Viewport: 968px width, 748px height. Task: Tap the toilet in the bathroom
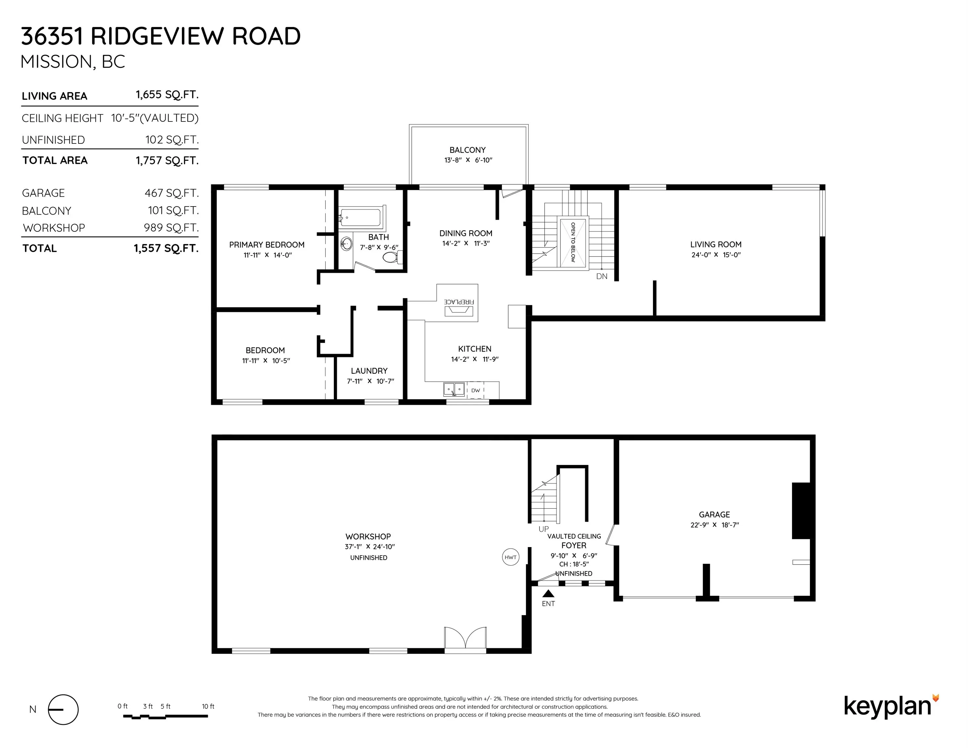coord(393,257)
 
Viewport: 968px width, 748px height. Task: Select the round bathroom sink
coord(346,243)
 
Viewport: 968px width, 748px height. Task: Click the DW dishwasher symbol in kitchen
coord(476,391)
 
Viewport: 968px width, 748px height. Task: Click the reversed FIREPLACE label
coord(459,302)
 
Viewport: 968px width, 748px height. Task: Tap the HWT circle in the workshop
coord(510,557)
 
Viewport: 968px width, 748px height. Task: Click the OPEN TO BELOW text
coord(572,243)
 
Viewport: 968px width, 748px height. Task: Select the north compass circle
coord(63,709)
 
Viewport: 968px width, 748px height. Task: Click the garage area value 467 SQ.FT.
coord(171,193)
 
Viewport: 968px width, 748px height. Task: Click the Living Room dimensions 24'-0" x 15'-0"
coord(716,255)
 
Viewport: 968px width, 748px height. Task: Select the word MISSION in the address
coord(56,62)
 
